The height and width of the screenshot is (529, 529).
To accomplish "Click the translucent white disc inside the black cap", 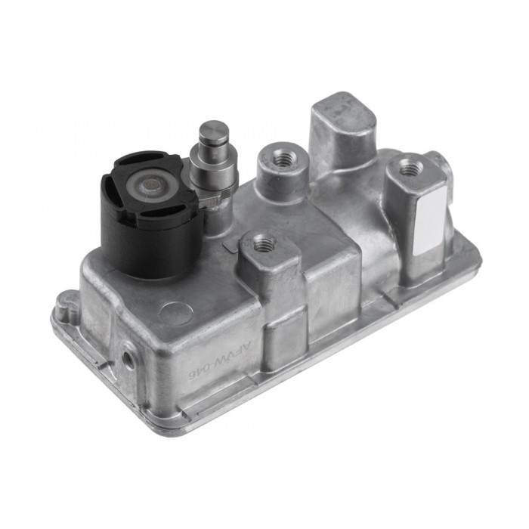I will [150, 184].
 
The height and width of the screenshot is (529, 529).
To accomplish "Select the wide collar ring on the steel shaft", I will [214, 161].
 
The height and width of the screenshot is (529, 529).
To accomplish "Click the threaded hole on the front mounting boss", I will [264, 243].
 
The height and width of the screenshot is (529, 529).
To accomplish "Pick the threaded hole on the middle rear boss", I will [285, 158].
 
